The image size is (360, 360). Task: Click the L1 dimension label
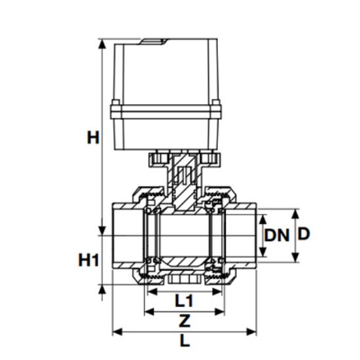185,301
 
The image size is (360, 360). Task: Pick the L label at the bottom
185,341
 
